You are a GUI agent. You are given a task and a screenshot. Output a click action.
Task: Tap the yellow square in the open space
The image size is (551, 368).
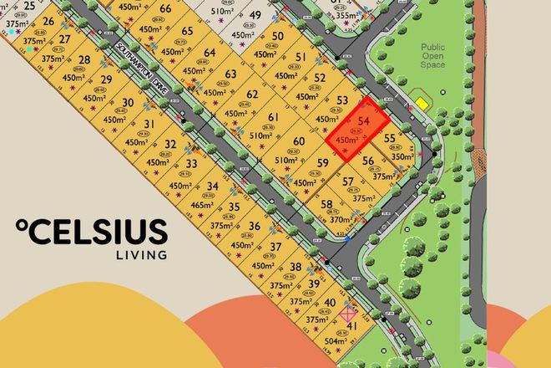tap(422, 104)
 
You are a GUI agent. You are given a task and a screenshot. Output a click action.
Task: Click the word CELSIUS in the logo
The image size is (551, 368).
tap(99, 232)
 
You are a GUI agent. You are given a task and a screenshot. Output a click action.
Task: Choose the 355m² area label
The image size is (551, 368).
tap(344, 15)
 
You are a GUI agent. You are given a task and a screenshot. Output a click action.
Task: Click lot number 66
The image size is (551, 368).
tap(165, 9)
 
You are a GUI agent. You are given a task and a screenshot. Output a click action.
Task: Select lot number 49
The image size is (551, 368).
tap(255, 16)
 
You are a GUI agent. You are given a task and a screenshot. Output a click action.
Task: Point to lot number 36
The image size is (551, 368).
tap(255, 226)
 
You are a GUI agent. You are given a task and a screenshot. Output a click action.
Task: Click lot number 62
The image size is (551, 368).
tap(252, 95)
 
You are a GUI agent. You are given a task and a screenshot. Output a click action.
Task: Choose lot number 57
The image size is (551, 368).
tap(348, 181)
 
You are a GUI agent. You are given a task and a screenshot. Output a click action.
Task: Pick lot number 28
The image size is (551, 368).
tap(84, 60)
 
